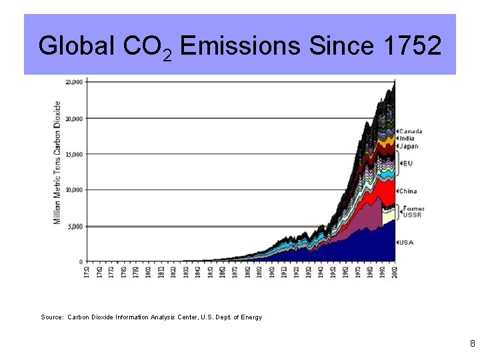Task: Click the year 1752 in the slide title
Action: [413, 46]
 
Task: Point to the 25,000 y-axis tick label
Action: [74, 82]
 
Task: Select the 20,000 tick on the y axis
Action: [74, 119]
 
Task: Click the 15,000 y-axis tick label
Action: [74, 154]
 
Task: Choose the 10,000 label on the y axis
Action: [74, 190]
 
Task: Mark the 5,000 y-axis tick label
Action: [76, 226]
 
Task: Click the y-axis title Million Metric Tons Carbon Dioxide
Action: [57, 162]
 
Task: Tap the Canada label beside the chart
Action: [411, 131]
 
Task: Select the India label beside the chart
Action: [407, 139]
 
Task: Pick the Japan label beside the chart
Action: [409, 146]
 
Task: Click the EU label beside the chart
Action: [407, 163]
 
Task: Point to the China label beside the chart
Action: [408, 191]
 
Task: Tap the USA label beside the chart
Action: [406, 242]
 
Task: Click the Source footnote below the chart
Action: [151, 317]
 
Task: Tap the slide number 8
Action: [472, 344]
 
